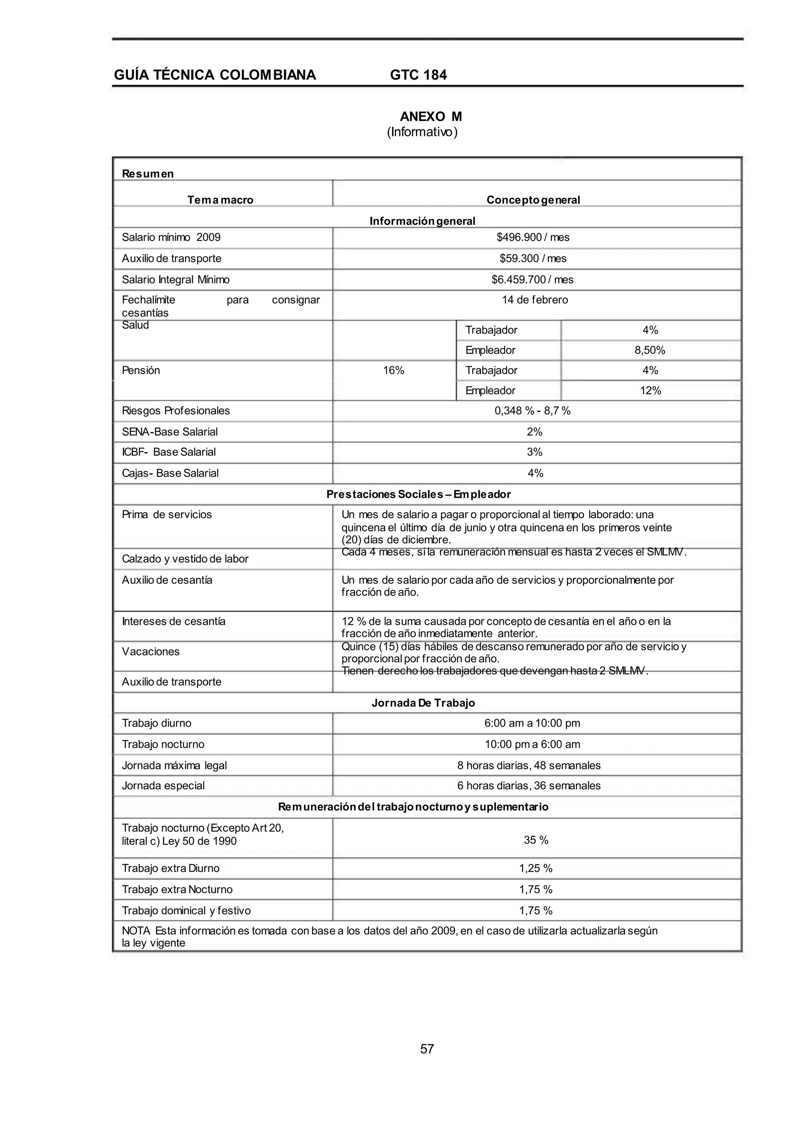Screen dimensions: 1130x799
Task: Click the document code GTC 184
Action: [418, 75]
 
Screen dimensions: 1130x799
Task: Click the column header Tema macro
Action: [220, 200]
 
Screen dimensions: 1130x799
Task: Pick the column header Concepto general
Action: [533, 200]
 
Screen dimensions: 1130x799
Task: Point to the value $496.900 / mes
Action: [533, 237]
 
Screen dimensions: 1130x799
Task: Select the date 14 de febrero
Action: [535, 300]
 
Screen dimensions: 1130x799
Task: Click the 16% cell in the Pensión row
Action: [394, 370]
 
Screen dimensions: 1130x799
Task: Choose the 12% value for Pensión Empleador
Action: [650, 390]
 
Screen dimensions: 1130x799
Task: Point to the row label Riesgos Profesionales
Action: [176, 411]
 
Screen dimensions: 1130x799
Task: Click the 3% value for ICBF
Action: [534, 452]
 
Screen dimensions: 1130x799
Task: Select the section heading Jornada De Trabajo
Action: [423, 702]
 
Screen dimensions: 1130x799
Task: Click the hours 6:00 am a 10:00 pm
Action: [532, 723]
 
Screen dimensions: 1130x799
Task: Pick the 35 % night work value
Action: [536, 840]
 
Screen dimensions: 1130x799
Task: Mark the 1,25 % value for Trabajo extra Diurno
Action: [536, 868]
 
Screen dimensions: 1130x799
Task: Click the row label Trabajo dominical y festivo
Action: [186, 911]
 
